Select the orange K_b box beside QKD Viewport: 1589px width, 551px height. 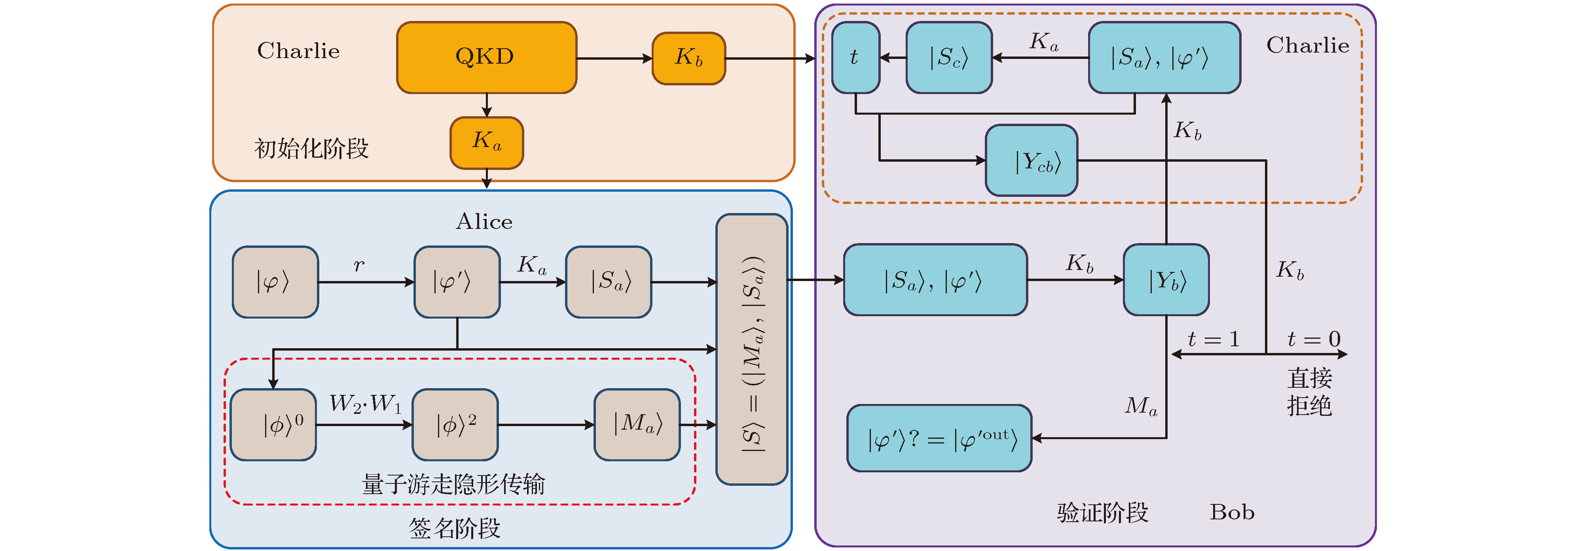tap(688, 58)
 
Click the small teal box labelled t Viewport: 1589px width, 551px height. tap(855, 57)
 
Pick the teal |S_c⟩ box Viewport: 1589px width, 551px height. tap(949, 57)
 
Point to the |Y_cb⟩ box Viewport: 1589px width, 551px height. tap(1032, 161)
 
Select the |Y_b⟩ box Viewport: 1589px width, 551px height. tap(1166, 280)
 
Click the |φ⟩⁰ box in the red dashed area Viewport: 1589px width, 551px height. tap(273, 425)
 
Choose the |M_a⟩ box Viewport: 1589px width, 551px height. tap(637, 425)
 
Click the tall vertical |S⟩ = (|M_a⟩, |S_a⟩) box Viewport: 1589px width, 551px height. tap(751, 349)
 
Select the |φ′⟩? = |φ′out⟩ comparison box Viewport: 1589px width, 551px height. tap(939, 438)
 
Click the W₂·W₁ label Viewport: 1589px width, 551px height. tap(365, 404)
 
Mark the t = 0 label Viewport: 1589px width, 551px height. tap(1314, 339)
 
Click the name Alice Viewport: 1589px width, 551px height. tap(484, 222)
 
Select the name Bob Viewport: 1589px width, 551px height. tap(1232, 512)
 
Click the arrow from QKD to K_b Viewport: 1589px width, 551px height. tap(614, 58)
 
